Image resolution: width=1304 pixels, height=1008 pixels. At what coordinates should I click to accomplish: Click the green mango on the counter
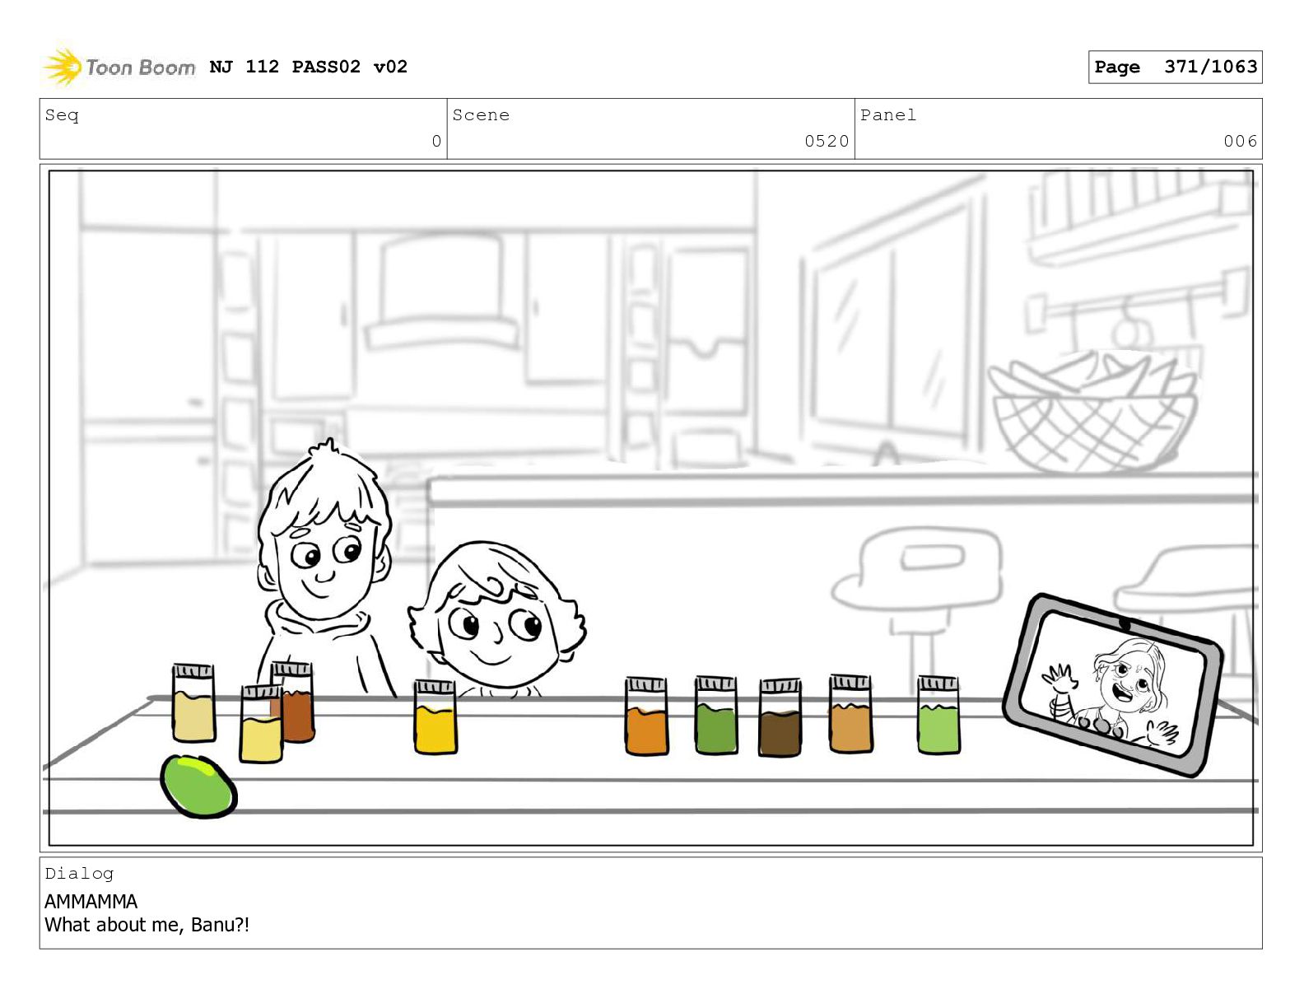coord(198,786)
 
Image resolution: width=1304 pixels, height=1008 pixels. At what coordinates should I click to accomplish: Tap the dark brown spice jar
coord(780,717)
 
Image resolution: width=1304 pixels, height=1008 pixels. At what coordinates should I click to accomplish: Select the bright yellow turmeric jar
coord(435,716)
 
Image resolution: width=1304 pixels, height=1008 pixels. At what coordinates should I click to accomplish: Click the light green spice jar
coord(938,715)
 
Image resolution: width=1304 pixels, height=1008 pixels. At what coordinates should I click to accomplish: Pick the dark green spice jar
coord(716,715)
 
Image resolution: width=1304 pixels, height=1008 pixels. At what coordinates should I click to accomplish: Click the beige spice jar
coord(193,702)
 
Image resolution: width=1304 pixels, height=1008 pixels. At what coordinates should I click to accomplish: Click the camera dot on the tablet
coord(1124,625)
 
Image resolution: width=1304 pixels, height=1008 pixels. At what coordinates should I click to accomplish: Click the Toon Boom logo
coord(119,67)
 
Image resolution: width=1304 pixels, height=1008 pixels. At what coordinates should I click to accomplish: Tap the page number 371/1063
coord(1210,66)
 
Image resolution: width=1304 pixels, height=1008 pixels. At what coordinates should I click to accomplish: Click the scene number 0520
coord(827,141)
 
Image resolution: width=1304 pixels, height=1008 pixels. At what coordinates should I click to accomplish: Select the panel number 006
coord(1240,141)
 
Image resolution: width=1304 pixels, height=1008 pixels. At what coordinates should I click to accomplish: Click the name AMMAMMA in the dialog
coord(91,901)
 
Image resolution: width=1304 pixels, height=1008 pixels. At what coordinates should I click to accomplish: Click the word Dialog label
coord(79,874)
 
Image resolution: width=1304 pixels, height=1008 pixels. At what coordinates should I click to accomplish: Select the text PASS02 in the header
coord(326,66)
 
